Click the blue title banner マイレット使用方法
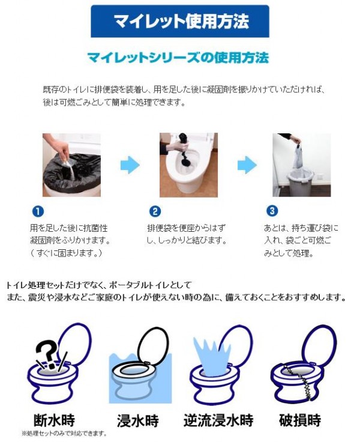(180, 21)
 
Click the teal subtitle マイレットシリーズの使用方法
(178, 58)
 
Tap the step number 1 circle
(38, 211)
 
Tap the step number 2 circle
(155, 211)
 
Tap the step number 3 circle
(272, 211)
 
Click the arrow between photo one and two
(130, 165)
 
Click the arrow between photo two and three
(247, 165)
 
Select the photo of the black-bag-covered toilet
(71, 165)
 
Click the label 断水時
(55, 420)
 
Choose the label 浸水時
(138, 420)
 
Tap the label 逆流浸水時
(218, 420)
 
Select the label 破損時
(300, 420)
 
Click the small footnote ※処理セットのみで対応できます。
(64, 433)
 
